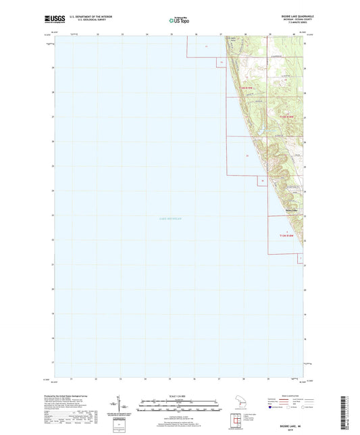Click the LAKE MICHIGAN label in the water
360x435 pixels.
(152, 220)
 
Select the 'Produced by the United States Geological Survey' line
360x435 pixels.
(78, 398)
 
